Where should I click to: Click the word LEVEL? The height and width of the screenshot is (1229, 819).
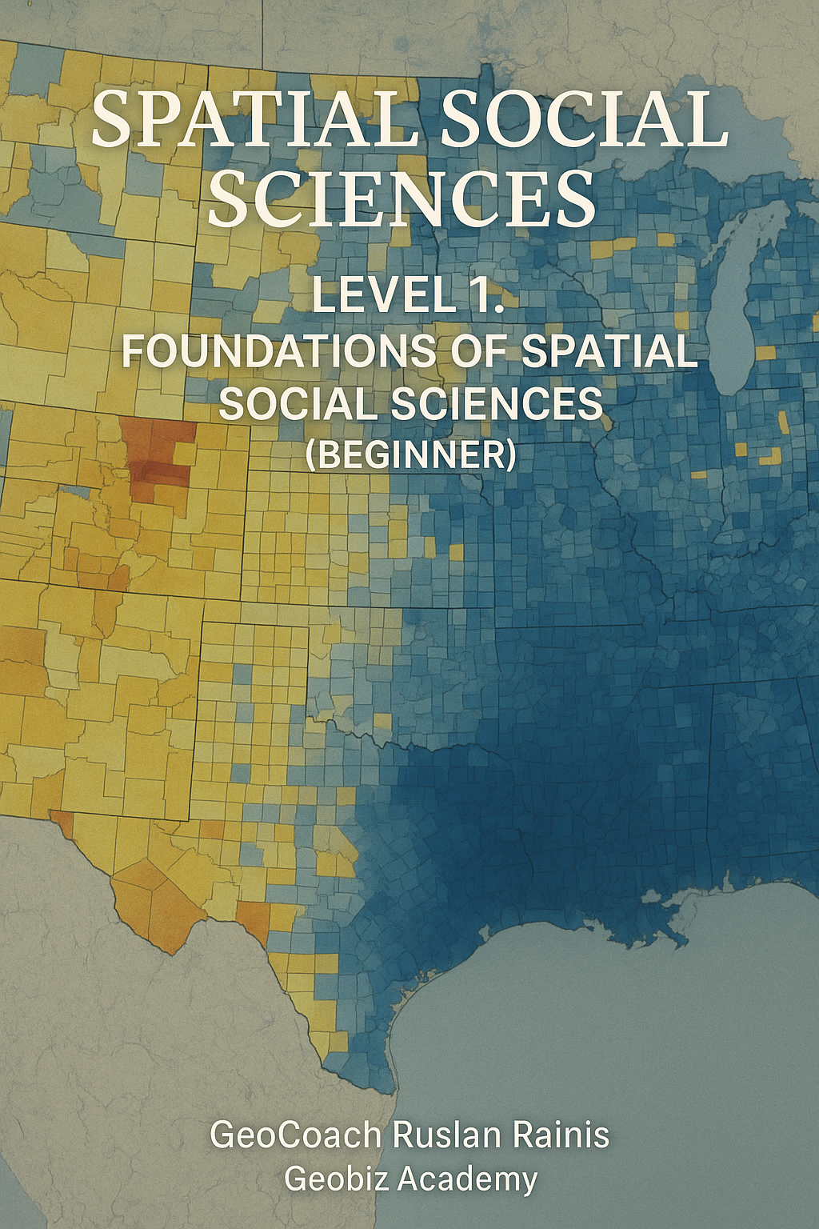373,295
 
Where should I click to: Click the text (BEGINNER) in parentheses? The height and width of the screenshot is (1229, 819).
410,454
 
